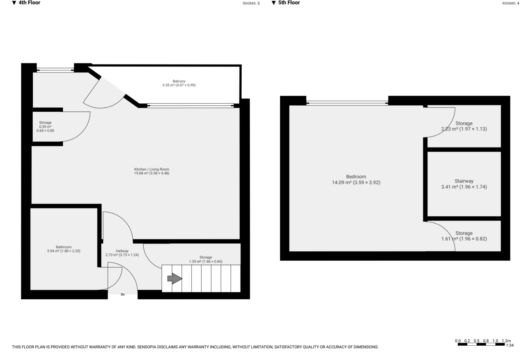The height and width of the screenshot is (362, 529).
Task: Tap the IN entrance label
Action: (122, 294)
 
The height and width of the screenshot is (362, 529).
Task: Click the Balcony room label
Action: (179, 81)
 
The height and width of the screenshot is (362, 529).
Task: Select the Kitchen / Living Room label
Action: (152, 169)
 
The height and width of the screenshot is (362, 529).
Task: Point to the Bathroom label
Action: (64, 247)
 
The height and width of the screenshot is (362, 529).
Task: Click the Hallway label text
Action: (122, 251)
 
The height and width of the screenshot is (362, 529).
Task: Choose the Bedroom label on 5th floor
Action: (356, 177)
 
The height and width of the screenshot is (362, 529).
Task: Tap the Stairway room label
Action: (464, 181)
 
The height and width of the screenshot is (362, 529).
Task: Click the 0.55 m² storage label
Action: (45, 126)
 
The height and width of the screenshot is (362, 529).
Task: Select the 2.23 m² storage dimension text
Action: (464, 129)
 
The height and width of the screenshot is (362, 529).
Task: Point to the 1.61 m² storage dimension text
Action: (464, 239)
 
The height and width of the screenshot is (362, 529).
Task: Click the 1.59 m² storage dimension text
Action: (206, 261)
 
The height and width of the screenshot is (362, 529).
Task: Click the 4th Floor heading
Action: (29, 3)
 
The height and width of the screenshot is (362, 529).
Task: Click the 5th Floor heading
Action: (289, 3)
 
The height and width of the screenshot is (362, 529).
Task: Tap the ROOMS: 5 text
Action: (251, 3)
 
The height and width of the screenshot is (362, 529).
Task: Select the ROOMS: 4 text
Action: (511, 3)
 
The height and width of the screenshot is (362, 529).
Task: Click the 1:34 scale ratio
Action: (509, 345)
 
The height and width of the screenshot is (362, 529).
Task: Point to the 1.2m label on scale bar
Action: (506, 341)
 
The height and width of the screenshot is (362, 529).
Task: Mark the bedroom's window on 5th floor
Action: (347, 103)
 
